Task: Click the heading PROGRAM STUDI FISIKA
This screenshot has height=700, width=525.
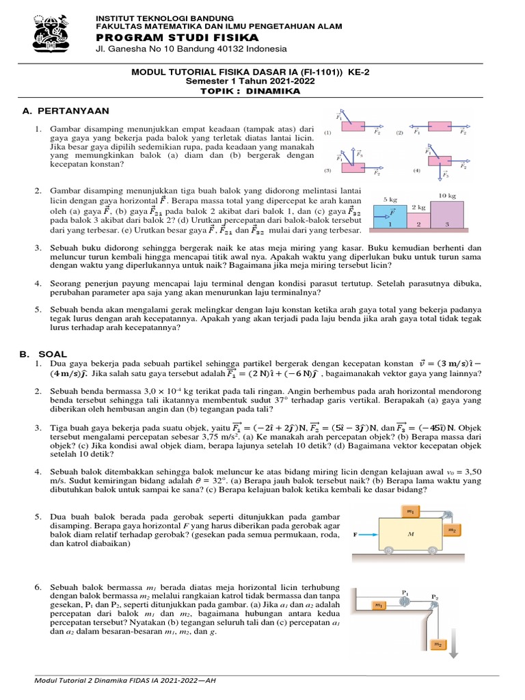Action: pyautogui.click(x=177, y=37)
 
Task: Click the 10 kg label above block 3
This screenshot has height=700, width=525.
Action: pyautogui.click(x=447, y=196)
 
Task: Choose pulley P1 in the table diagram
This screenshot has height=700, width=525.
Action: pyautogui.click(x=405, y=601)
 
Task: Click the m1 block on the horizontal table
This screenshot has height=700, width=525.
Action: pyautogui.click(x=378, y=605)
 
